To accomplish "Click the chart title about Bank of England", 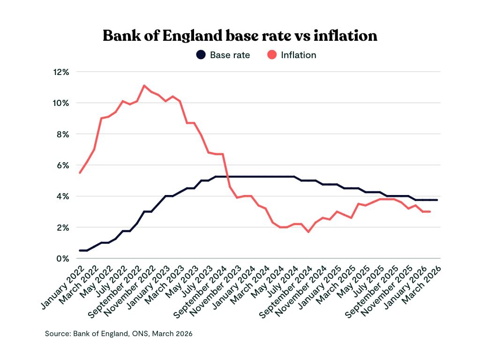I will tap(240, 36).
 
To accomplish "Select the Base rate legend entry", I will tap(230, 55).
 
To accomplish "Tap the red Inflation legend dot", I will tap(271, 55).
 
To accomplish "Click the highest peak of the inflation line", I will tap(144, 85).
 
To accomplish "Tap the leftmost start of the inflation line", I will tap(80, 173).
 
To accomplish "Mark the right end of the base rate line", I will tap(437, 200).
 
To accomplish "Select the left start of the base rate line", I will tap(80, 250).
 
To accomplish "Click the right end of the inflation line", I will tap(430, 212).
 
